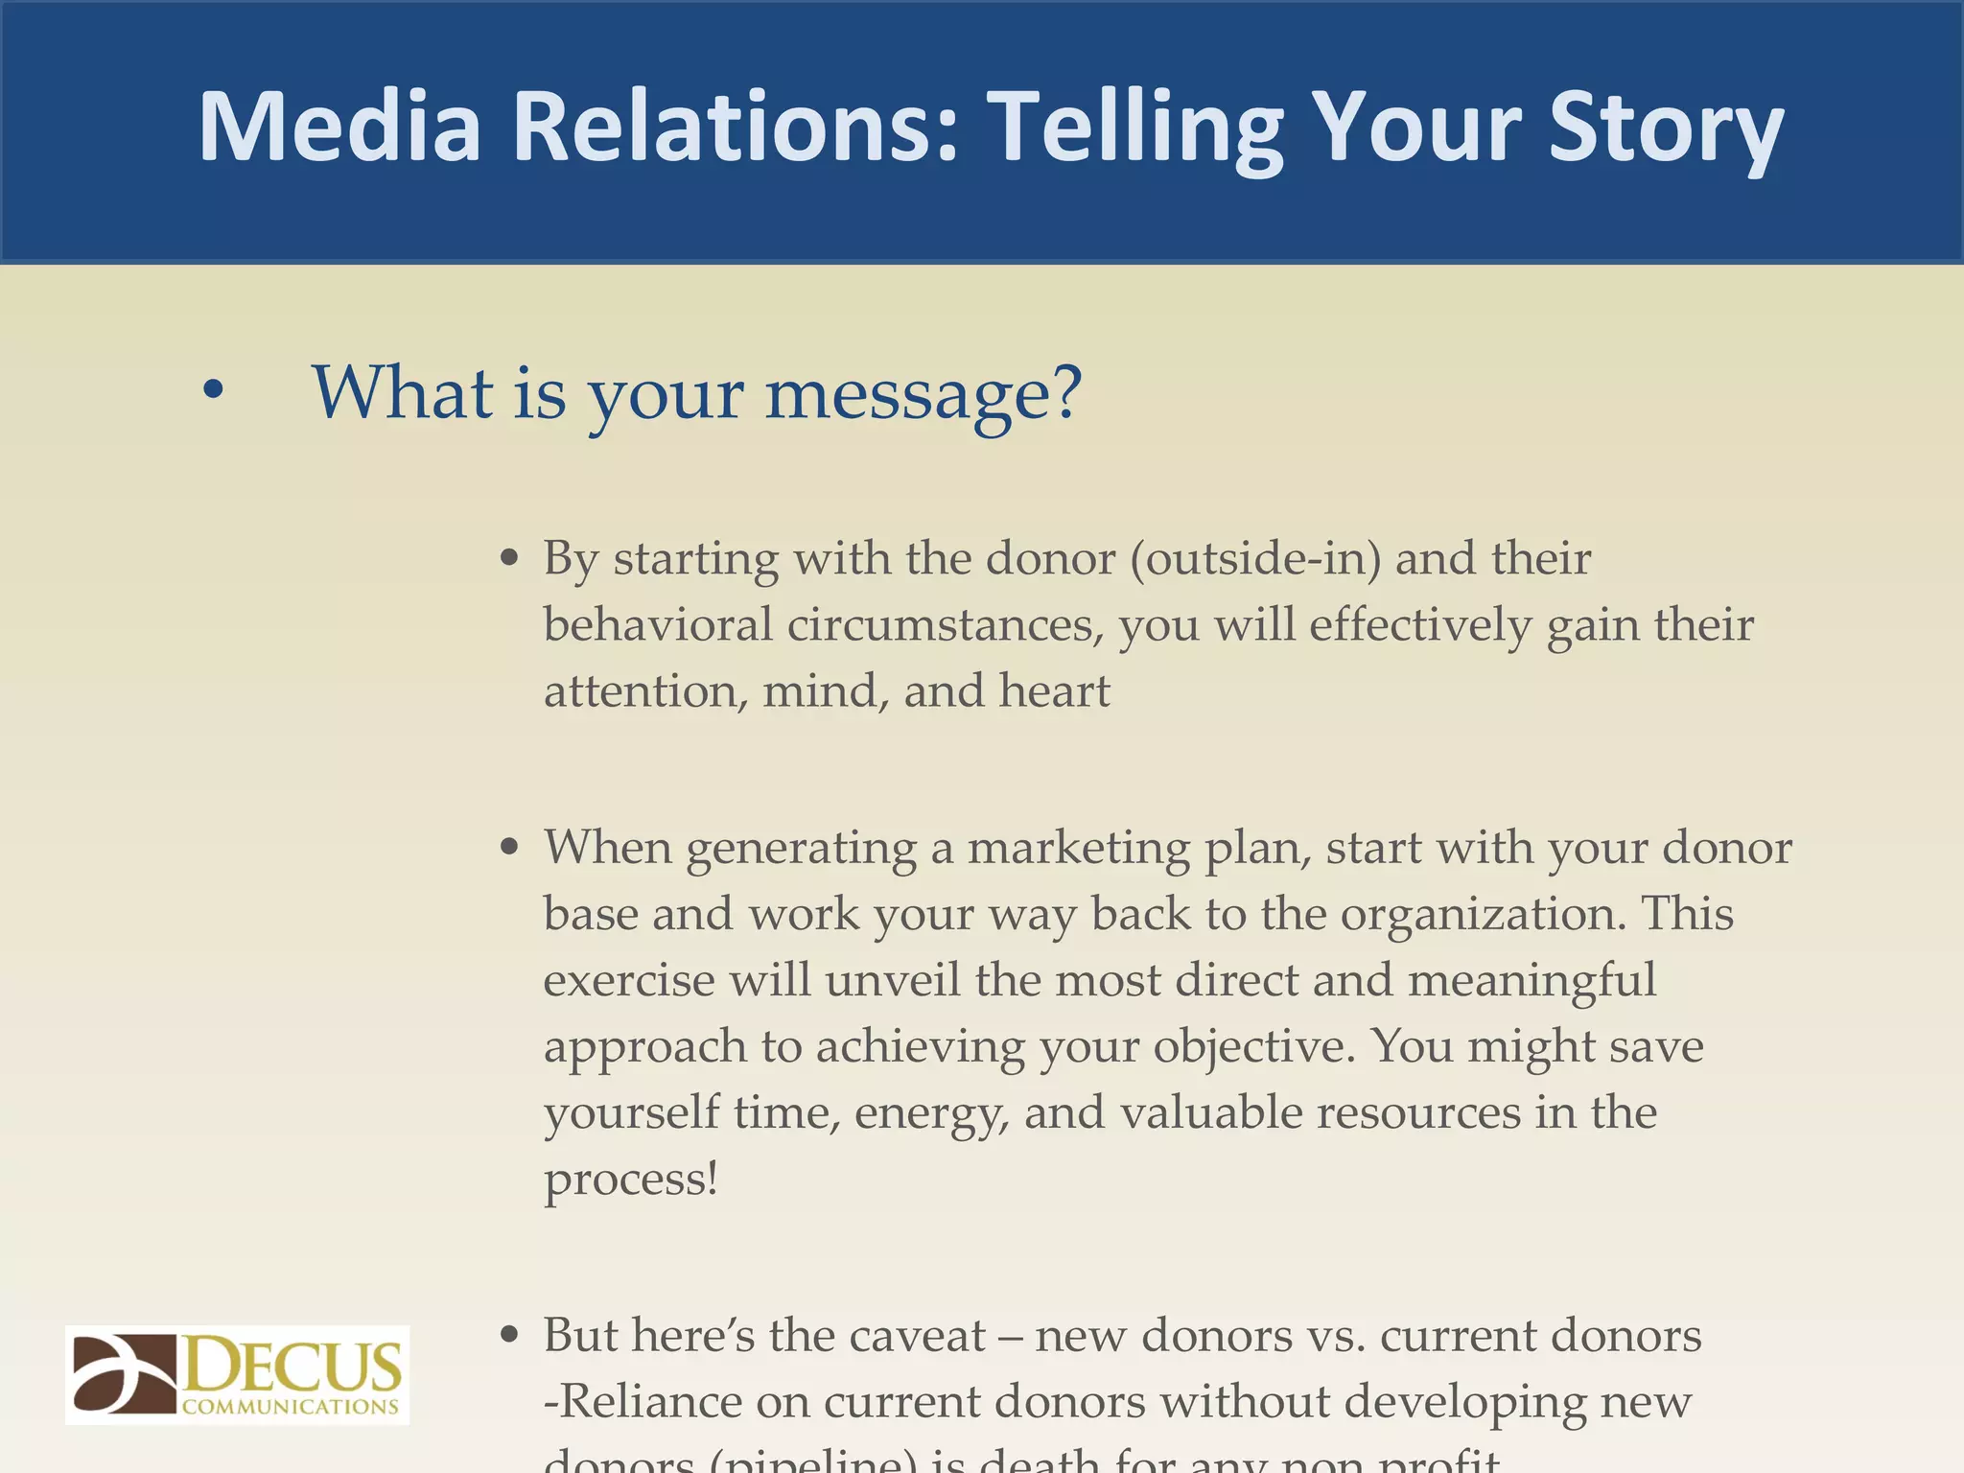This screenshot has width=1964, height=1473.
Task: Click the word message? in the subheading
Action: pyautogui.click(x=924, y=393)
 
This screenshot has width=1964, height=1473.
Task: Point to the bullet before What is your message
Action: pyautogui.click(x=213, y=390)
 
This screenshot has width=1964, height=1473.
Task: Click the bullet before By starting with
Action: pyautogui.click(x=510, y=558)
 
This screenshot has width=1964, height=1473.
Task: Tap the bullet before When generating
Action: pyautogui.click(x=510, y=848)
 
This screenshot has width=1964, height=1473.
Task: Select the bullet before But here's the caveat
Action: pyautogui.click(x=510, y=1335)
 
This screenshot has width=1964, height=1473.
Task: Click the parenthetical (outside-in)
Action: pyautogui.click(x=1255, y=558)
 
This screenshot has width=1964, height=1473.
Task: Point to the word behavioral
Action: pyautogui.click(x=658, y=624)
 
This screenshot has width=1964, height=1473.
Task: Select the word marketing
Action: pyautogui.click(x=1079, y=848)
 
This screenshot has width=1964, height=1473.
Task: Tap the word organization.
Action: pyautogui.click(x=1483, y=914)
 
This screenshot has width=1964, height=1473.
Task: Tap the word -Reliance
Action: pyautogui.click(x=643, y=1401)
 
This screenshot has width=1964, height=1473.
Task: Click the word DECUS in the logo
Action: pyautogui.click(x=291, y=1365)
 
